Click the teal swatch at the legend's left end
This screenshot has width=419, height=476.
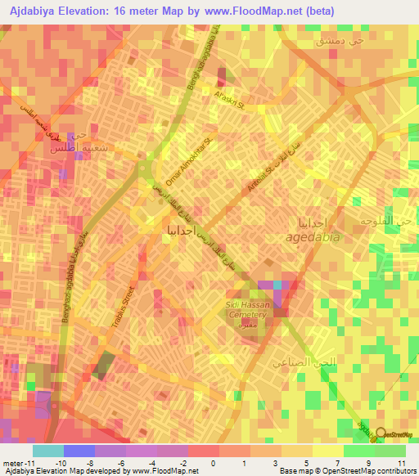[48, 451]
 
